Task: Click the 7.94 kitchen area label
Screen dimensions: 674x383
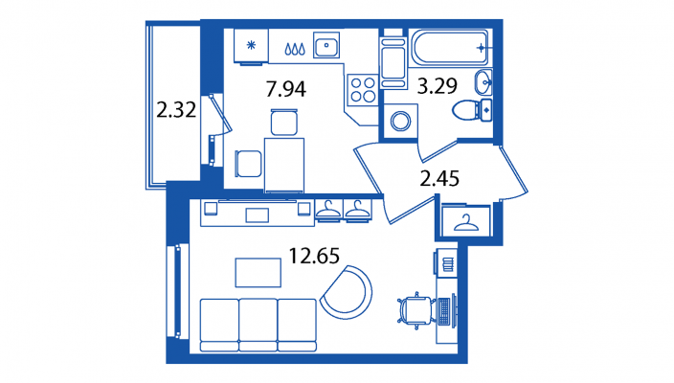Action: [x=286, y=89]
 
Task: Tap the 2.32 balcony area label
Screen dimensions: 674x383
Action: [x=176, y=109]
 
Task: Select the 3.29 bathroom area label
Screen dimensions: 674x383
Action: [x=438, y=86]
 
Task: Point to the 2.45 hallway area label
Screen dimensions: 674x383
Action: [x=439, y=178]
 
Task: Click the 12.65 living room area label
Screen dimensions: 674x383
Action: [x=314, y=256]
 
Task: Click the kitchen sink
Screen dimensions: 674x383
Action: [x=326, y=45]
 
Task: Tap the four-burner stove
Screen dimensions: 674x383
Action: [x=363, y=89]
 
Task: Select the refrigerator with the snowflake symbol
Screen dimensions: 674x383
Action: [x=251, y=46]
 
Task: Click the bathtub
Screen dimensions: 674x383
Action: [x=450, y=47]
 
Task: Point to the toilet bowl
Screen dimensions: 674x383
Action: [x=472, y=110]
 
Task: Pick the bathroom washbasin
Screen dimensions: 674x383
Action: [x=483, y=82]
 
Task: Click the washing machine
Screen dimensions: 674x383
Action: [x=400, y=121]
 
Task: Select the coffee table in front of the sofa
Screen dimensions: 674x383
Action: [x=258, y=273]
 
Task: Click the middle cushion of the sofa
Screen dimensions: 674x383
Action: [x=258, y=325]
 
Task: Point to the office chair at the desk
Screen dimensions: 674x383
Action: [x=416, y=310]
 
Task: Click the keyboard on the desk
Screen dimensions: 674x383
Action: [x=443, y=311]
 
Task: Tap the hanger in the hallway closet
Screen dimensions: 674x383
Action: [x=466, y=222]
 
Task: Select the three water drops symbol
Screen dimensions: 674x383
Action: [x=295, y=49]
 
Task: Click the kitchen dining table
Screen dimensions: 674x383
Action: [x=284, y=165]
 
